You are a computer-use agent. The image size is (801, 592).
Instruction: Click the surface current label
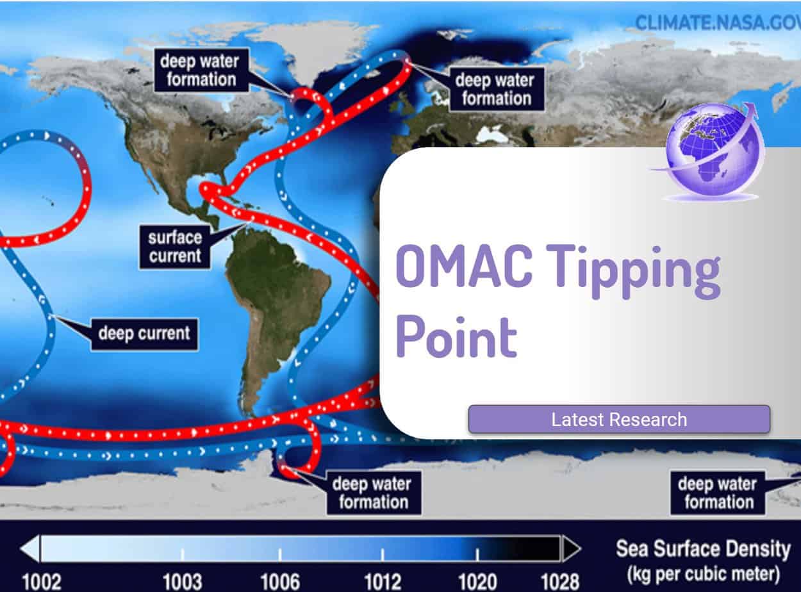(174, 247)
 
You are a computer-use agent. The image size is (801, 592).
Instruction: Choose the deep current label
(144, 333)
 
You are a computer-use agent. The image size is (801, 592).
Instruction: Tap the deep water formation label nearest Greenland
(199, 71)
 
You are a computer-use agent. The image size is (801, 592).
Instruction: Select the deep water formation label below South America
(373, 493)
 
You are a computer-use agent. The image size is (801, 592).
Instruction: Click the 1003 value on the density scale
(182, 581)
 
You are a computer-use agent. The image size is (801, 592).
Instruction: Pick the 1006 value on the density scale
(280, 581)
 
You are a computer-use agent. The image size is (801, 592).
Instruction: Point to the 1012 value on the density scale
(383, 581)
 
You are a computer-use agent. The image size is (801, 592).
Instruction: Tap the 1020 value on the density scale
(477, 581)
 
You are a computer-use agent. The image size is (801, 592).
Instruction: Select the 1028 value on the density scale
(559, 581)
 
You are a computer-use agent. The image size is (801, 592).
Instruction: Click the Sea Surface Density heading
(703, 549)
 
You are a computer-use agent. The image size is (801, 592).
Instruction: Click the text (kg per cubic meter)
(703, 572)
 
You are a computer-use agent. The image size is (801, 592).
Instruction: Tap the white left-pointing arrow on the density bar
(30, 549)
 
